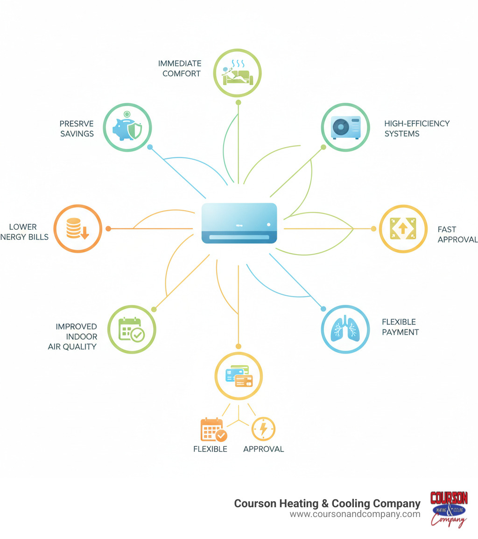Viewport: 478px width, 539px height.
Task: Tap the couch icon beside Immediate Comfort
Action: coord(238,74)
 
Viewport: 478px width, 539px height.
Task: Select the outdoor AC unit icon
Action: coord(345,127)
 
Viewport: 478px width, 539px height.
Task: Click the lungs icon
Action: coord(345,329)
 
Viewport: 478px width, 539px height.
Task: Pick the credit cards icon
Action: coord(239,375)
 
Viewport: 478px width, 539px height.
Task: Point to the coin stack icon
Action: coord(77,229)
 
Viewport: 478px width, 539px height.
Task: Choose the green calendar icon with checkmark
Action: coord(132,330)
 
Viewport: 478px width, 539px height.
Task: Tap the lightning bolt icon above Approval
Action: coord(263,429)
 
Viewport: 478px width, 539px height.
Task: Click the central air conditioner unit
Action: coord(239,223)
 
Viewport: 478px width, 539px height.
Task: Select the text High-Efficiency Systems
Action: coord(417,128)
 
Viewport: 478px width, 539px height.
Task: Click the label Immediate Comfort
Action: coord(180,68)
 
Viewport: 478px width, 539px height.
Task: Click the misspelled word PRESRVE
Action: coord(77,123)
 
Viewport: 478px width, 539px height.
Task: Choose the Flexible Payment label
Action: coord(400,327)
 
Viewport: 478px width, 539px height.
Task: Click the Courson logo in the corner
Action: coord(449,509)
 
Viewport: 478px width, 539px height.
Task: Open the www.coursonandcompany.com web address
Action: coord(355,514)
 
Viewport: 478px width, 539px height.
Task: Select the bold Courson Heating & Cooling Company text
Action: coord(327,503)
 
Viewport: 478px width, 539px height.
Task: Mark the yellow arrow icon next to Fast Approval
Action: coord(403,229)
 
